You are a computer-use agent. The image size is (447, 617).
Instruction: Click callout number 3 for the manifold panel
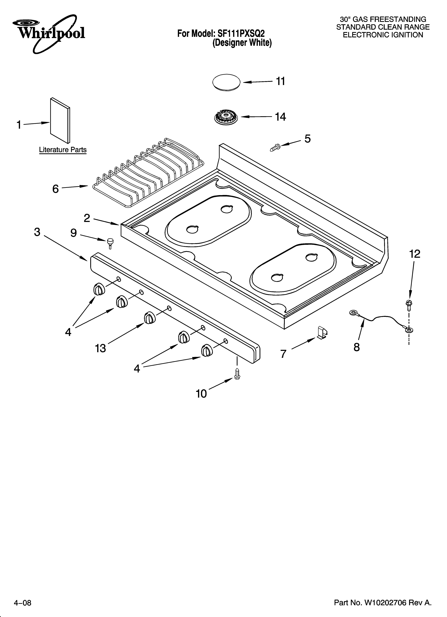click(37, 232)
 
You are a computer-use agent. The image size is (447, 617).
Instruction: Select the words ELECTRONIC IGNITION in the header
click(383, 35)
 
